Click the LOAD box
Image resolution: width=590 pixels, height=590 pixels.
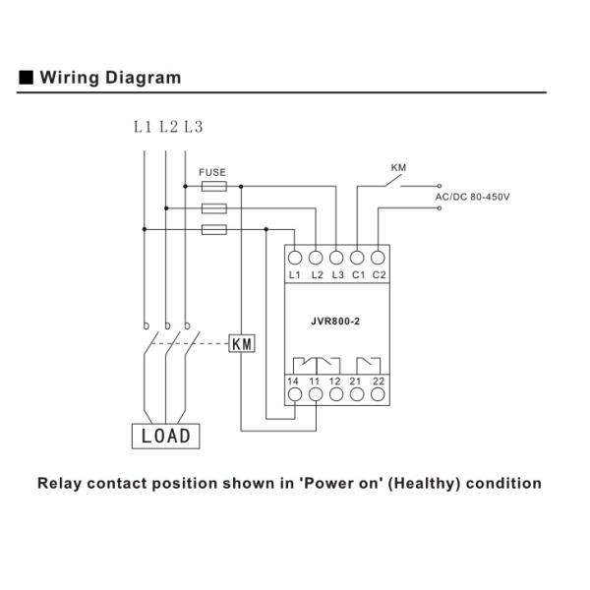pyautogui.click(x=166, y=436)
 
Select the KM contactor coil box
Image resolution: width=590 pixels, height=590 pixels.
pyautogui.click(x=242, y=343)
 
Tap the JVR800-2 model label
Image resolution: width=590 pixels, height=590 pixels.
pyautogui.click(x=337, y=320)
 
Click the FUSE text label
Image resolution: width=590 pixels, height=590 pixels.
pyautogui.click(x=212, y=172)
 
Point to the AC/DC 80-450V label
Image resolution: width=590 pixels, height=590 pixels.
pyautogui.click(x=472, y=197)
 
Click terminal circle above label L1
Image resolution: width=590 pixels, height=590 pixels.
pyautogui.click(x=296, y=258)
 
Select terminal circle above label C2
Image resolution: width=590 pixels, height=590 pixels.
pyautogui.click(x=379, y=258)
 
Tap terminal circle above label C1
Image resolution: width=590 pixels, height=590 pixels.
pyautogui.click(x=358, y=258)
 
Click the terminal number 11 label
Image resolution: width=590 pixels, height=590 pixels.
pyautogui.click(x=317, y=380)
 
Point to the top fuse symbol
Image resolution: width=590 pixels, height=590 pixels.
pyautogui.click(x=213, y=185)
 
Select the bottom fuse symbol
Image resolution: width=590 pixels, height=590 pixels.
pyautogui.click(x=213, y=229)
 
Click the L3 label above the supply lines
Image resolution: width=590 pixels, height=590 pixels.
pyautogui.click(x=193, y=127)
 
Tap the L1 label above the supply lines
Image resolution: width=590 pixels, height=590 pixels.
pyautogui.click(x=144, y=127)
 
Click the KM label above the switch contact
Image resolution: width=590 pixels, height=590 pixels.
pyautogui.click(x=398, y=168)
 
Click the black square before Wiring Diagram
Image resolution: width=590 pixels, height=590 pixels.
pyautogui.click(x=27, y=78)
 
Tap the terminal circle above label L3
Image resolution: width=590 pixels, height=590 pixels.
pyautogui.click(x=337, y=258)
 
